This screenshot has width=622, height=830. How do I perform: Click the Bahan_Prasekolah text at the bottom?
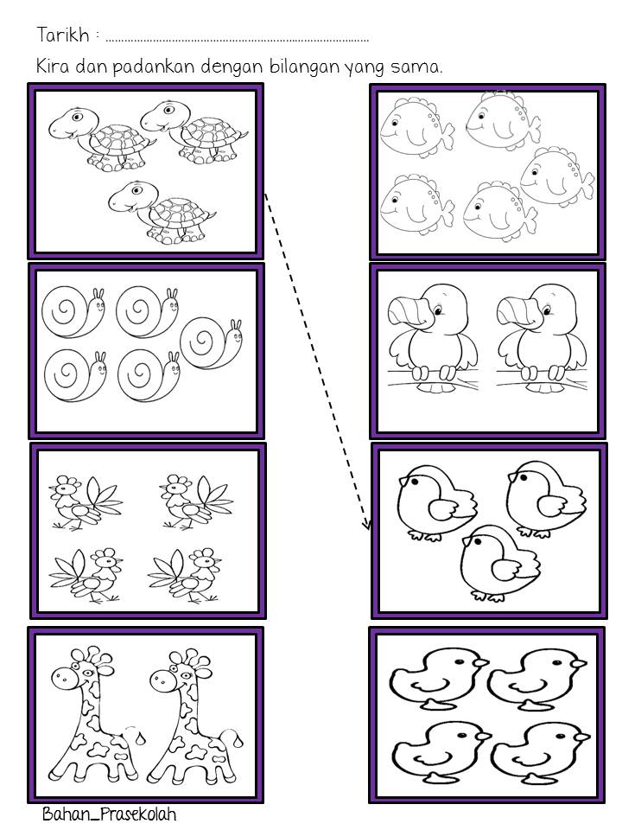[x=110, y=814]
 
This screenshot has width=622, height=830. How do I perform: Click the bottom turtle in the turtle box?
[x=162, y=213]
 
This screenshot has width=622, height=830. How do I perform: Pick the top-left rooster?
[x=85, y=501]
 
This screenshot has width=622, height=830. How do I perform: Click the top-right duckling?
[x=536, y=680]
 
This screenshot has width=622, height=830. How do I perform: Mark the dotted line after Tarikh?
[x=237, y=40]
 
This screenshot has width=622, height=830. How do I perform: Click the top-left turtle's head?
[x=72, y=124]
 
